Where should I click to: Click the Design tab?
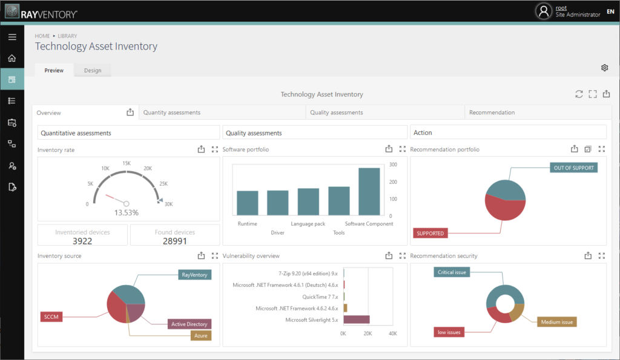tap(93, 70)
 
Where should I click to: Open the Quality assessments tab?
tap(336, 113)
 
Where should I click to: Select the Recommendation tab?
tap(492, 113)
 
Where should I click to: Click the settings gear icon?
tap(604, 68)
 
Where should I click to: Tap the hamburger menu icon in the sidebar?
tap(12, 38)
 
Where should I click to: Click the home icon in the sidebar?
tap(12, 59)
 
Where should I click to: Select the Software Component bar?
tap(369, 191)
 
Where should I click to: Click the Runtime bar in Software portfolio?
tap(247, 203)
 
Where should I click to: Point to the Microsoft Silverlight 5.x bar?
tap(356, 319)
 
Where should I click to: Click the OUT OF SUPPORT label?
tap(573, 168)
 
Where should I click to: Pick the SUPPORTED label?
tap(430, 233)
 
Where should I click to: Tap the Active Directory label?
tap(189, 324)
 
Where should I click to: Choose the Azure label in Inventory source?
tap(200, 335)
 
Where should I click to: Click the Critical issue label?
tap(452, 272)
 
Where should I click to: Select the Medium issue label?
tap(556, 322)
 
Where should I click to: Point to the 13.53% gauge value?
tap(127, 212)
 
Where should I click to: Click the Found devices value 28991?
tap(175, 241)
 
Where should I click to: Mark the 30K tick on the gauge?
tap(168, 204)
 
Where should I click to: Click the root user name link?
tap(561, 8)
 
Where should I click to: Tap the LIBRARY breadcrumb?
tap(67, 36)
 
